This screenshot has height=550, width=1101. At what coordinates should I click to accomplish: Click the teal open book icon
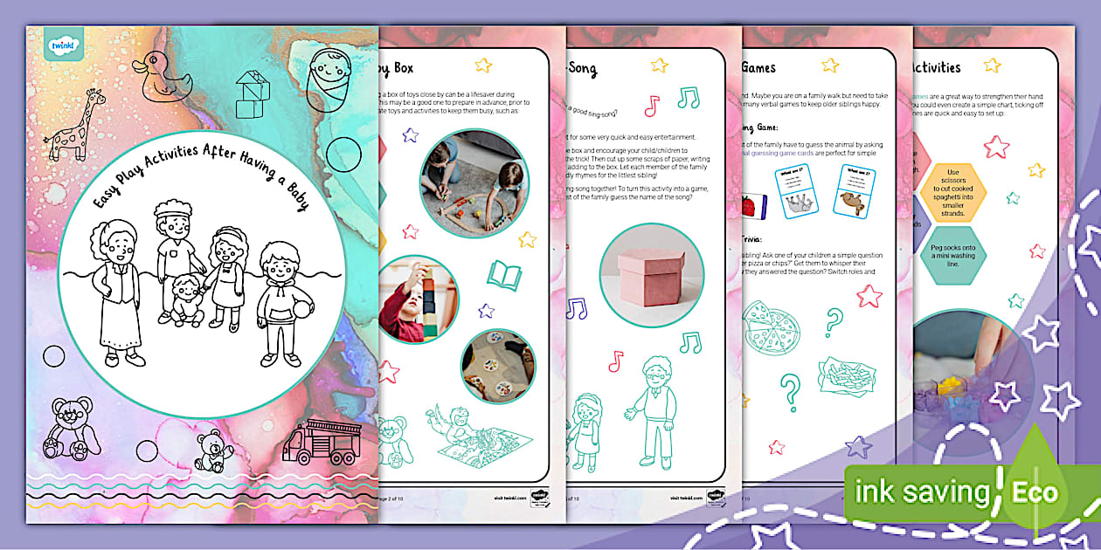(505, 276)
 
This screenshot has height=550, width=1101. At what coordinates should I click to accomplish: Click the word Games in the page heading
(758, 67)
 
